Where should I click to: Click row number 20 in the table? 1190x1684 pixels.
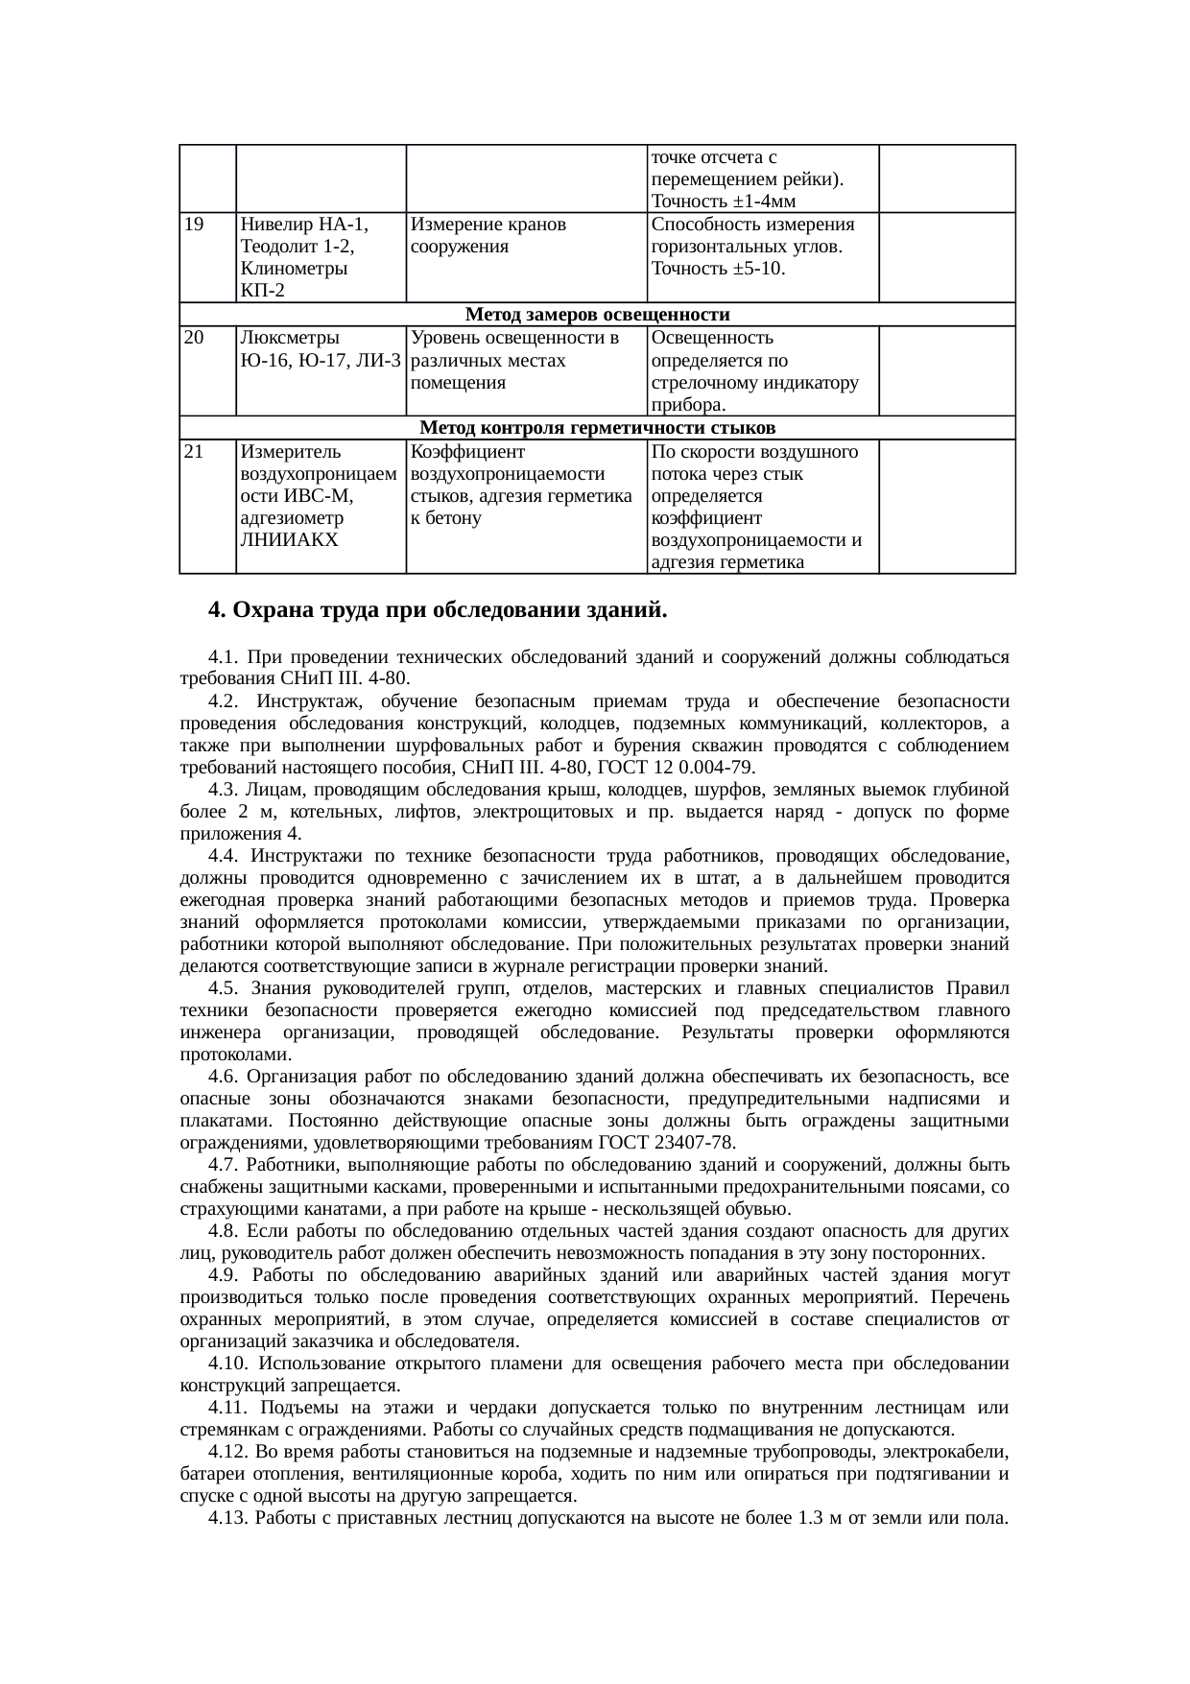193,339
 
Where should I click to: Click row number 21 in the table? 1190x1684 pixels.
193,452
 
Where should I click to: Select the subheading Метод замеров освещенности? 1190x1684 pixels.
597,315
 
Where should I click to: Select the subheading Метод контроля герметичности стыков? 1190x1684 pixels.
597,428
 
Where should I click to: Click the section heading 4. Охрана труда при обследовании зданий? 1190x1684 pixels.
438,610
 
